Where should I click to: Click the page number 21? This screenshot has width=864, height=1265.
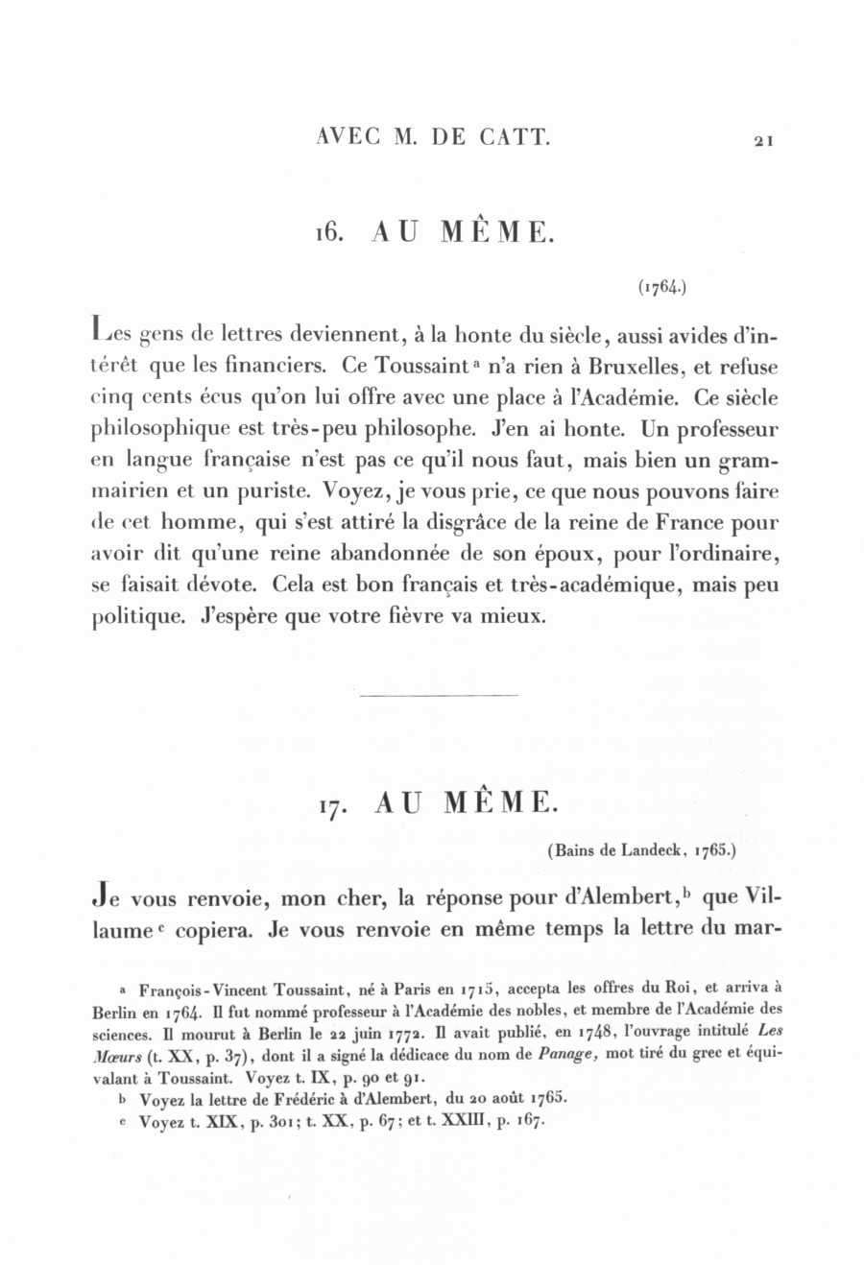click(x=763, y=140)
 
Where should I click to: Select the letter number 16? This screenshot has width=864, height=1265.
click(x=329, y=233)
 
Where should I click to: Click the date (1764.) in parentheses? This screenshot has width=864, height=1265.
click(x=660, y=286)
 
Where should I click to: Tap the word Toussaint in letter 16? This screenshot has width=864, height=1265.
click(x=392, y=367)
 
